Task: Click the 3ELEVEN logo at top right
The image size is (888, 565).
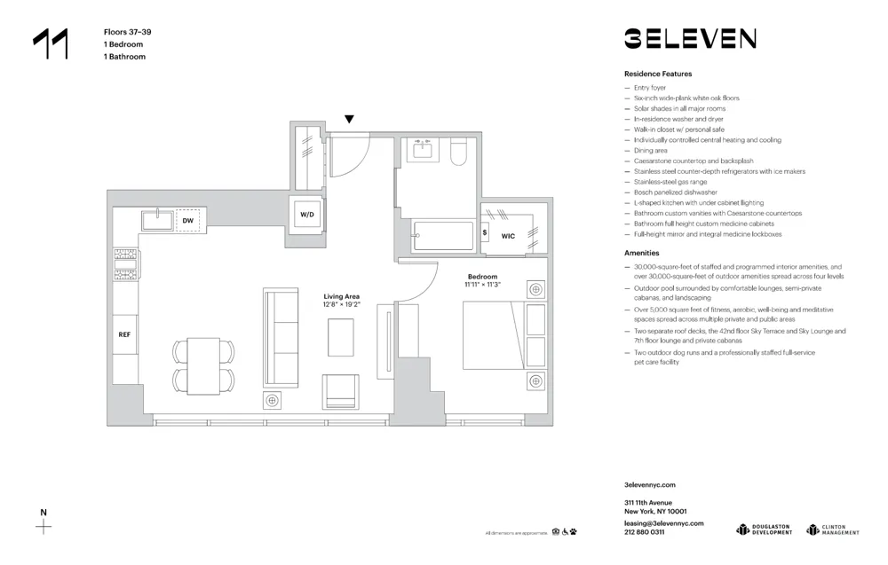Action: pyautogui.click(x=690, y=38)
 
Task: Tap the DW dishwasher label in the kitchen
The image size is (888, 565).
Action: pyautogui.click(x=188, y=220)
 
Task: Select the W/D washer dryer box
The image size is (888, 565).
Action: pyautogui.click(x=307, y=215)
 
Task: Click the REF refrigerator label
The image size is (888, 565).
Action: pyautogui.click(x=125, y=335)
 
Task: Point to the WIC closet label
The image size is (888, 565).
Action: pyautogui.click(x=508, y=236)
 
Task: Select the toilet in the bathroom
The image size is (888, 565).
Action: pyautogui.click(x=459, y=153)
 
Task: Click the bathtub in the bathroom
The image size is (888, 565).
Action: pyautogui.click(x=443, y=237)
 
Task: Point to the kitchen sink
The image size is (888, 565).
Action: pyautogui.click(x=156, y=220)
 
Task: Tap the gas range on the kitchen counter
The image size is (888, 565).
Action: pyautogui.click(x=126, y=264)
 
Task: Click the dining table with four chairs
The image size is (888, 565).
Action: pyautogui.click(x=203, y=365)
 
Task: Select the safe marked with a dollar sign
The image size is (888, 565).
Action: pyautogui.click(x=485, y=233)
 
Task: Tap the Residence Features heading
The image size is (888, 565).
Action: pyautogui.click(x=657, y=74)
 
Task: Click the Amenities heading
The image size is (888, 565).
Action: pyautogui.click(x=641, y=253)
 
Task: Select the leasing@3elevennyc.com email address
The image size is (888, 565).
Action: pyautogui.click(x=663, y=523)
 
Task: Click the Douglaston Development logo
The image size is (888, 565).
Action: pyautogui.click(x=764, y=530)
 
